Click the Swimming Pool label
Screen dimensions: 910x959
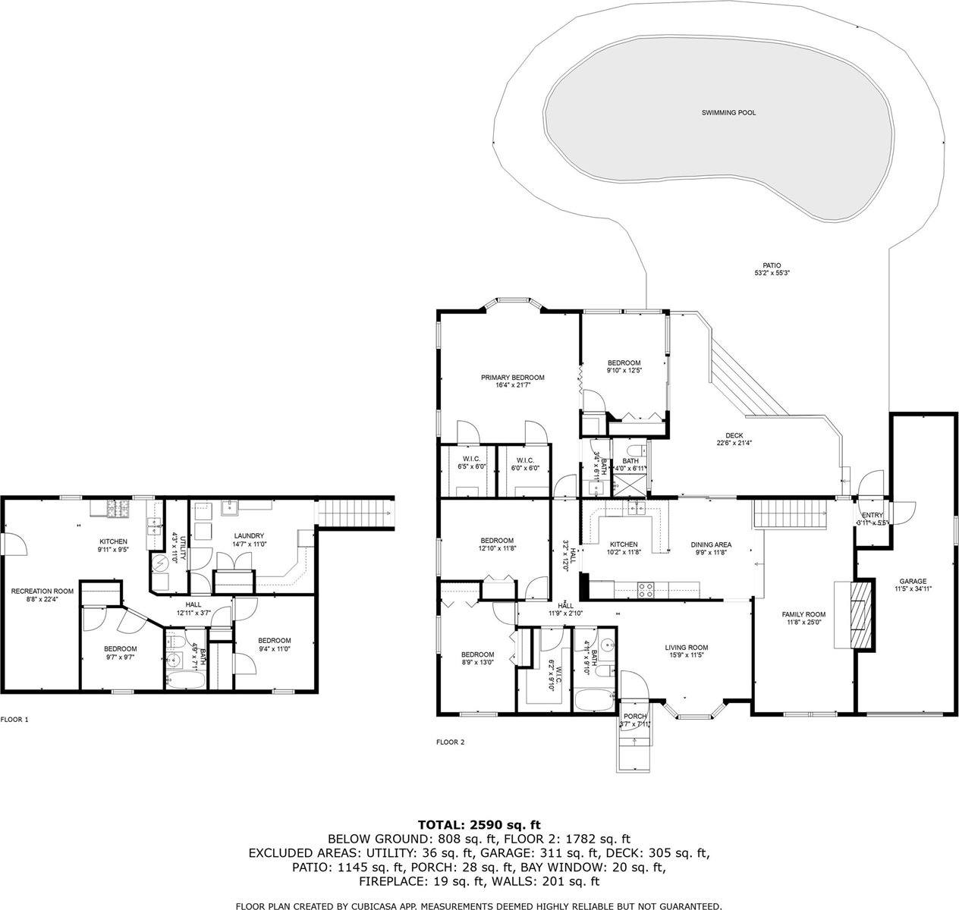(x=728, y=113)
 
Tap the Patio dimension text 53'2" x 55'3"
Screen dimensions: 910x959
(x=767, y=273)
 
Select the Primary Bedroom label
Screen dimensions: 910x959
(x=512, y=378)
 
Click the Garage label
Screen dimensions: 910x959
(x=913, y=582)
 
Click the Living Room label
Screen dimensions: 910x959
(x=686, y=648)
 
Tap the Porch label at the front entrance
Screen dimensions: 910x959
(x=634, y=717)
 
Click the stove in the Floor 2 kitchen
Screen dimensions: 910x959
(x=646, y=589)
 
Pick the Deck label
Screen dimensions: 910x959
(x=734, y=435)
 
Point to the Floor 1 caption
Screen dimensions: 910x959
(x=14, y=720)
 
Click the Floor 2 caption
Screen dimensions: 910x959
(x=450, y=742)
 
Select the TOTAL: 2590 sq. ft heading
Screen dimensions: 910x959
(x=479, y=824)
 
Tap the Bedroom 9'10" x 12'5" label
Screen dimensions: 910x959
(x=624, y=362)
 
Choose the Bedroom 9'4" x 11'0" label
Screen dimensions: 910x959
(x=274, y=641)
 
